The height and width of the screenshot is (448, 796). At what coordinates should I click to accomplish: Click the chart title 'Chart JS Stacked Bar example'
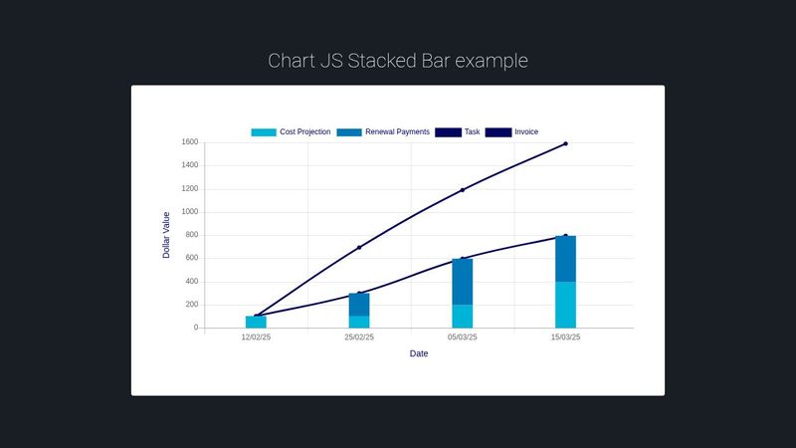click(398, 61)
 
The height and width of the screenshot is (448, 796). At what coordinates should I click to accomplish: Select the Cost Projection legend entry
click(291, 131)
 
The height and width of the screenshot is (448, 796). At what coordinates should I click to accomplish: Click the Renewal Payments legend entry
click(383, 131)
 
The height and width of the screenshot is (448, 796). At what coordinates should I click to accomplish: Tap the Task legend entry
click(458, 131)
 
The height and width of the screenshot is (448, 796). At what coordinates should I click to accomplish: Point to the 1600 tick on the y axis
click(188, 142)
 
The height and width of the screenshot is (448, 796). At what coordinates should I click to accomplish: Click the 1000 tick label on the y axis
click(188, 212)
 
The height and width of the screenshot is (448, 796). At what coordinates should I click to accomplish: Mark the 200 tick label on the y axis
click(190, 305)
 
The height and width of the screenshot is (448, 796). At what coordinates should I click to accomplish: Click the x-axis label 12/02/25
click(256, 337)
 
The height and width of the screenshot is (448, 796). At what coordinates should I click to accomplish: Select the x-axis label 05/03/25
click(462, 337)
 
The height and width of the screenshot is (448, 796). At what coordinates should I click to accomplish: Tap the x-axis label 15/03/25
click(565, 337)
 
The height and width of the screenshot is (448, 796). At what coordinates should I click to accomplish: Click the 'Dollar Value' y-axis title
click(167, 235)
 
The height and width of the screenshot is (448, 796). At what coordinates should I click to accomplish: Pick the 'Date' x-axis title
click(419, 353)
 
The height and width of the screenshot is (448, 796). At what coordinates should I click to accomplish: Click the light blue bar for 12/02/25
click(256, 322)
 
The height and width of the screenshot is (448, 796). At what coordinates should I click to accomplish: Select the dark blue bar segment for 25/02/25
click(359, 305)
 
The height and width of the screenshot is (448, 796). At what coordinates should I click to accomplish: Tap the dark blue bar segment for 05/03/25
click(462, 282)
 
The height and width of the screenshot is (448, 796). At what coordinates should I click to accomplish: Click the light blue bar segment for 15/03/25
click(565, 305)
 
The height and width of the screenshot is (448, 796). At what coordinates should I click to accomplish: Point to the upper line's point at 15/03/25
click(565, 143)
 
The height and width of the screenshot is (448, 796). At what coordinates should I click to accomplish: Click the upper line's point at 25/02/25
click(359, 247)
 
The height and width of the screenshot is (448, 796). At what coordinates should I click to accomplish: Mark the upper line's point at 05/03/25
click(462, 189)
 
